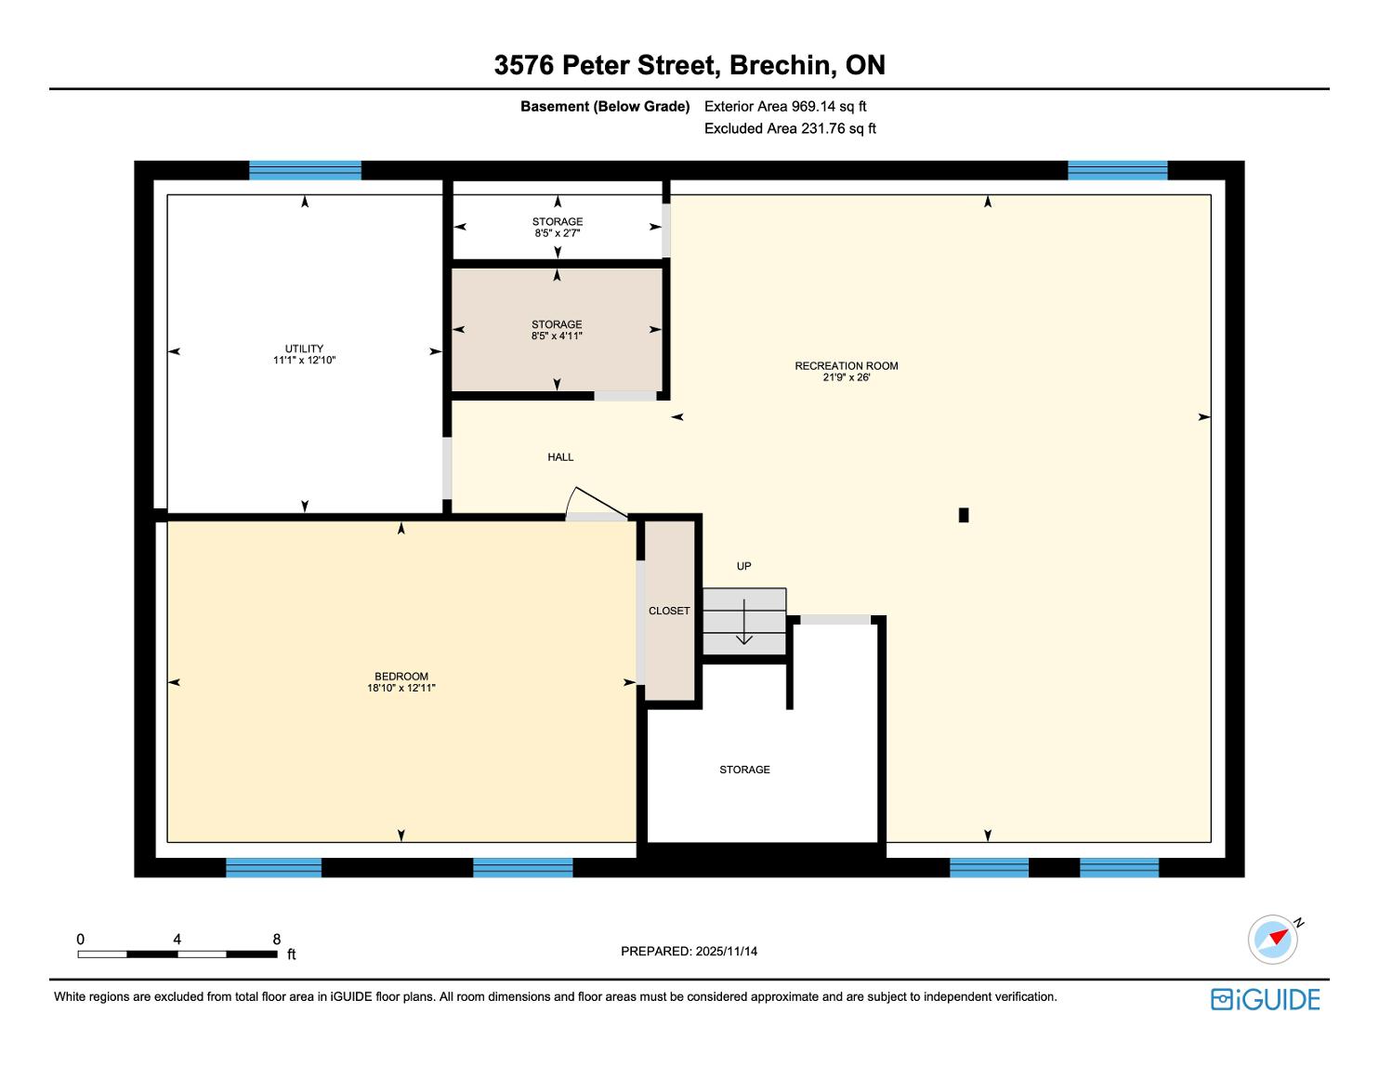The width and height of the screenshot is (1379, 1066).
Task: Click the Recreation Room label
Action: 846,365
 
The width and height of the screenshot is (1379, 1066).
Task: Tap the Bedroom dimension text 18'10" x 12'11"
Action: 401,688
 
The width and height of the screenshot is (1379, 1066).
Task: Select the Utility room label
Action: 304,349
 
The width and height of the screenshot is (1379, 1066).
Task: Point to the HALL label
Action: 560,457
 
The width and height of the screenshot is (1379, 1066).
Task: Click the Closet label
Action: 669,611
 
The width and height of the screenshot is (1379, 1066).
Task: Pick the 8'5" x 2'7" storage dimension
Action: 558,233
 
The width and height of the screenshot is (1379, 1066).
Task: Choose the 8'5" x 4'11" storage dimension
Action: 557,336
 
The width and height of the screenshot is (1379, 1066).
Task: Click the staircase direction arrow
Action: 743,622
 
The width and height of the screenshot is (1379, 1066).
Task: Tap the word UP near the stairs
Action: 743,566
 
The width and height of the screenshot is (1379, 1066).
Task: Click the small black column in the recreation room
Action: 964,515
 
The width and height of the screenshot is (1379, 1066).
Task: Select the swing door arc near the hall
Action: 570,501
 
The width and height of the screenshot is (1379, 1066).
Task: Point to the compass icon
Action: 1273,939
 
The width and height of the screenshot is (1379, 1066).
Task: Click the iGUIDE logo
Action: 1266,999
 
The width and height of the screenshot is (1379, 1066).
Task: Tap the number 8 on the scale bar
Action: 277,939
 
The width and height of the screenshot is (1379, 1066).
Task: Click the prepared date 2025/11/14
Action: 726,951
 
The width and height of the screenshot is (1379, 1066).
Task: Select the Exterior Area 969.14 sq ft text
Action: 785,107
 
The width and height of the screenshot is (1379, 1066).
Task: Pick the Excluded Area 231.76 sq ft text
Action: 790,128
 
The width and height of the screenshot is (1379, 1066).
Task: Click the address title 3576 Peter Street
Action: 607,65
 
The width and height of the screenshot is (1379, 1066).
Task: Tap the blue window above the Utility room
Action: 305,171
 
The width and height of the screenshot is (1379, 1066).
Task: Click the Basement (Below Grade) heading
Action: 605,107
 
